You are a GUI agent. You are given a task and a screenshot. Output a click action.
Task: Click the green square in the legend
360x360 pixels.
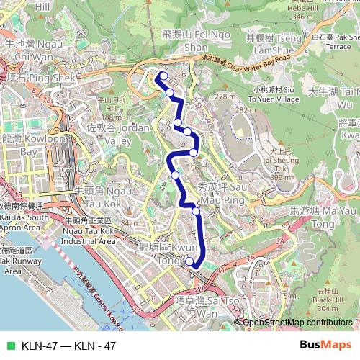tap(9, 346)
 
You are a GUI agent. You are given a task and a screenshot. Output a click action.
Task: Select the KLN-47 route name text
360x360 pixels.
tap(69, 346)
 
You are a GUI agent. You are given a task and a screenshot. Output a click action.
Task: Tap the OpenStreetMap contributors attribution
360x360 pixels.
tap(297, 323)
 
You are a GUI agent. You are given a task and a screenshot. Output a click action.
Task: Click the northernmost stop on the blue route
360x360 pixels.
tap(163, 76)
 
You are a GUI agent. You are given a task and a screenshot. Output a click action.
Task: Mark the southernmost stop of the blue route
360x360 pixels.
tap(189, 260)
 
